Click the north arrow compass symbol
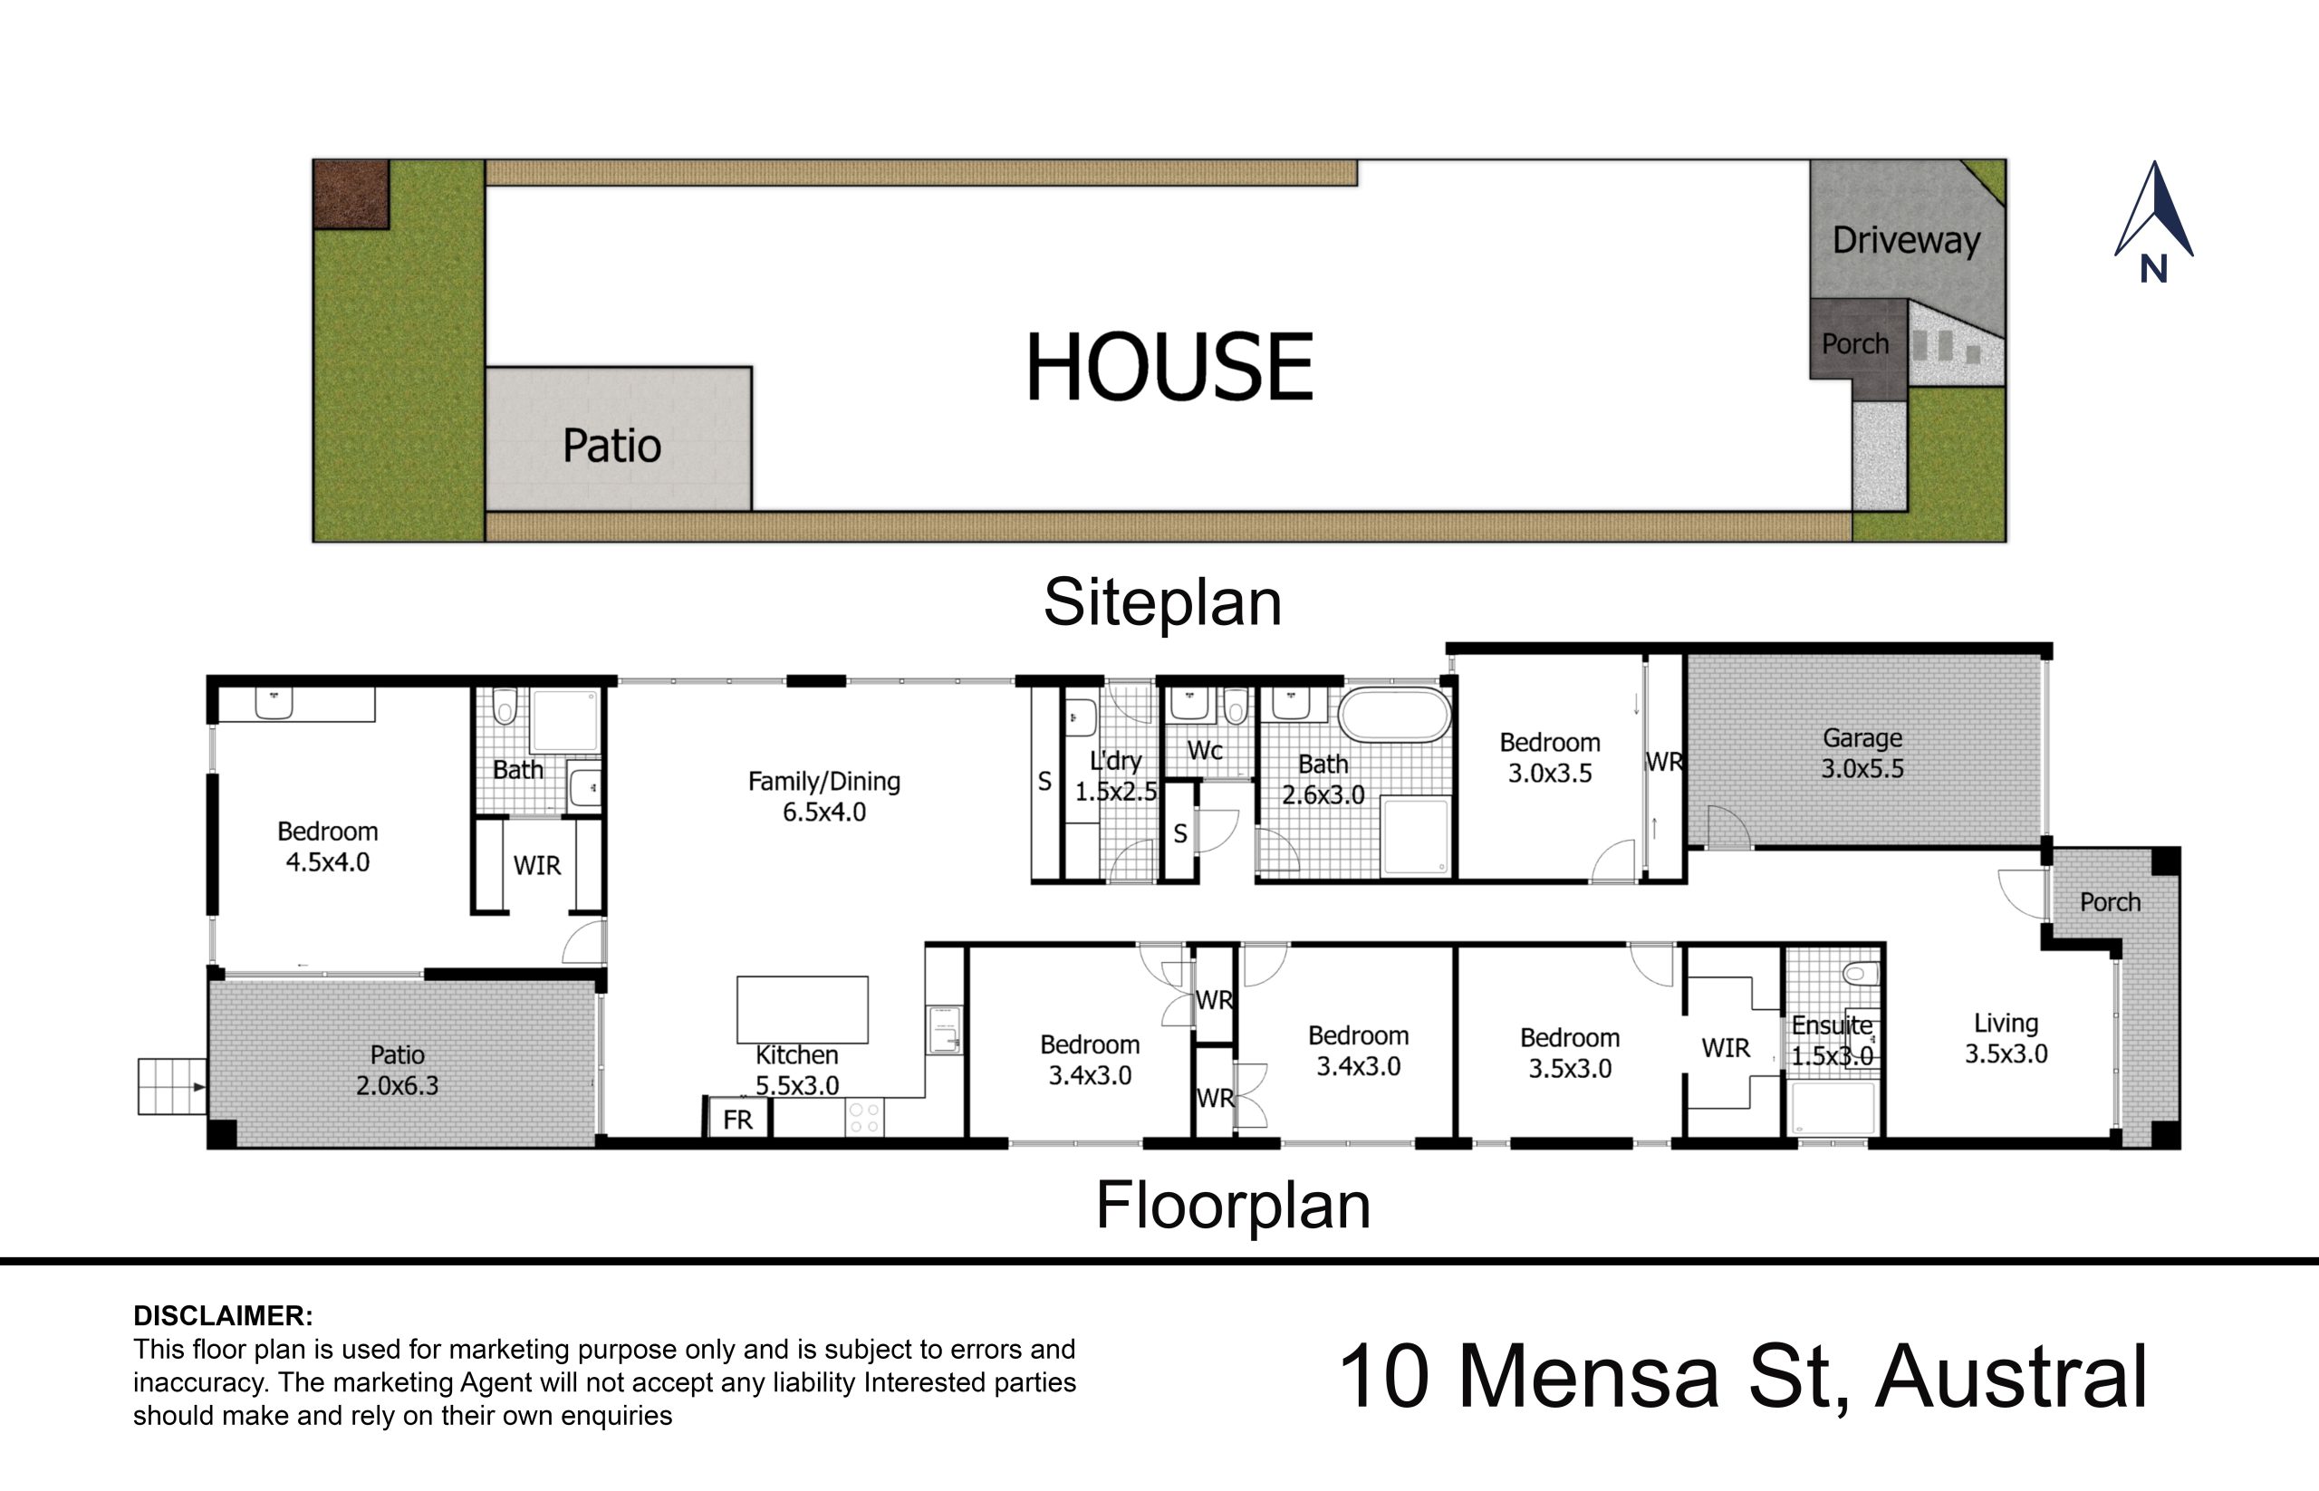[2153, 221]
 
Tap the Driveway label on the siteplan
[1906, 240]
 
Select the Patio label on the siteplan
[612, 446]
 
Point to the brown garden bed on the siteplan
[351, 195]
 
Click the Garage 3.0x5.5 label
[1862, 754]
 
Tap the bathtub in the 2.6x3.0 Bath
[1394, 716]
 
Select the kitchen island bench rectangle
[802, 1009]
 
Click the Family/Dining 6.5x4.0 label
[824, 796]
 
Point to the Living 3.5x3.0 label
[2006, 1038]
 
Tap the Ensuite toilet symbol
[1860, 973]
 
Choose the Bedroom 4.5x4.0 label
[327, 846]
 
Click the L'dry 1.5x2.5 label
[1116, 776]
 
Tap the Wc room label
[1205, 750]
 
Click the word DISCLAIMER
[223, 1316]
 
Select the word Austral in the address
[2011, 1376]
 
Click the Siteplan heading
[1162, 603]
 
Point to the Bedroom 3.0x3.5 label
[1549, 757]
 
